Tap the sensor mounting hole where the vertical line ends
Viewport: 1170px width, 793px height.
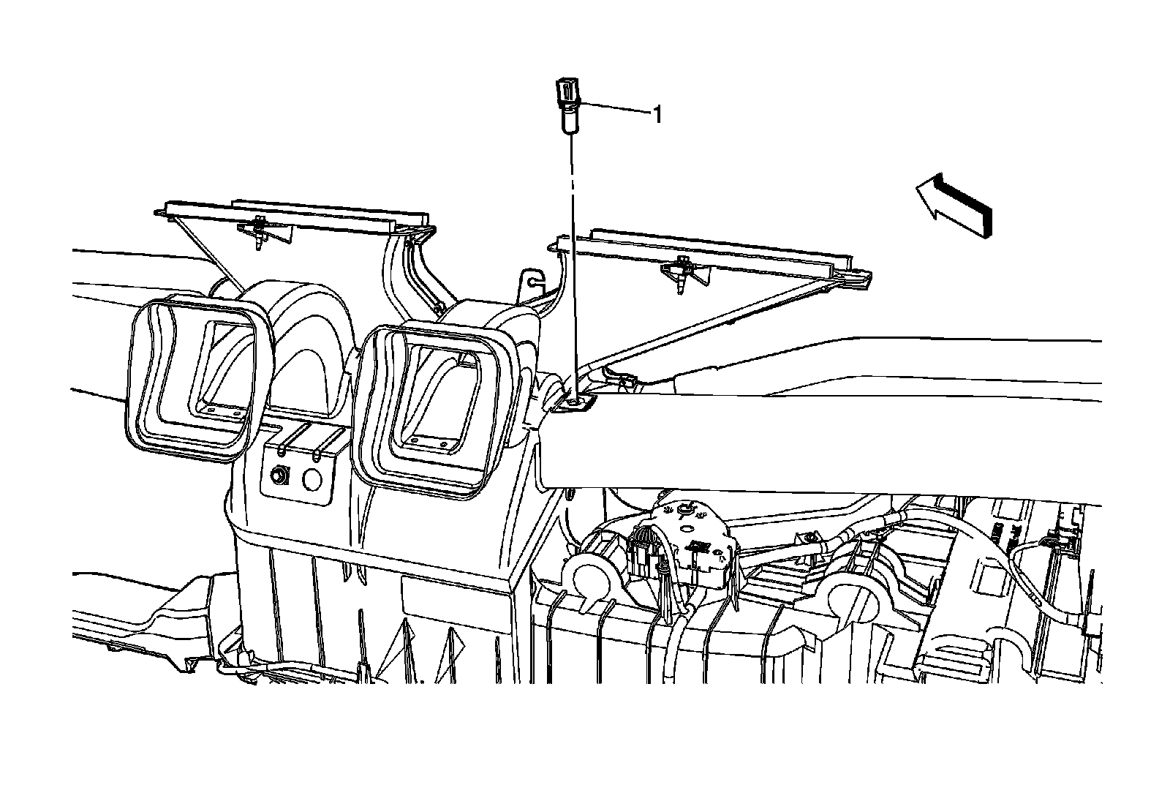coord(575,400)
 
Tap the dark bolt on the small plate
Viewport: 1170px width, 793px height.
coord(279,475)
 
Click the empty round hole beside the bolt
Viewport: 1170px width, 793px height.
coord(312,478)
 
